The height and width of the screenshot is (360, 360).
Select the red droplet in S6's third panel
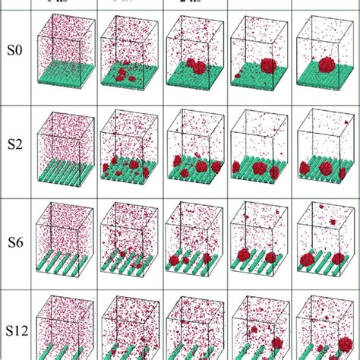pos(182,259)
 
